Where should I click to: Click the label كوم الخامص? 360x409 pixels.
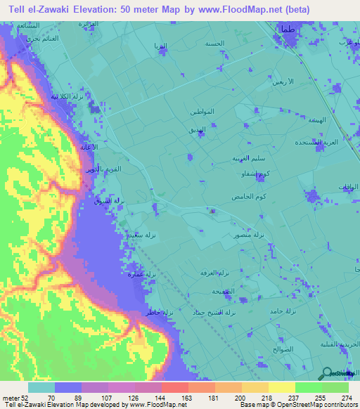[247, 197]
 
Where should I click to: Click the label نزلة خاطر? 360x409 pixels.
[160, 311]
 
